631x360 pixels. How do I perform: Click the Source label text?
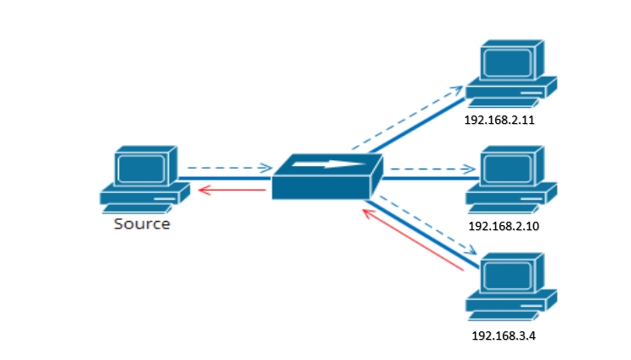pos(142,223)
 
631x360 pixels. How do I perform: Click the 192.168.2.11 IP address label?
pos(499,120)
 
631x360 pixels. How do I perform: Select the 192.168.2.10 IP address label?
pos(504,226)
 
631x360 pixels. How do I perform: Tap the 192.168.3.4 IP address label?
pos(504,336)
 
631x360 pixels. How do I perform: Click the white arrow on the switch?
pos(329,164)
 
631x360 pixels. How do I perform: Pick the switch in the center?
pos(327,176)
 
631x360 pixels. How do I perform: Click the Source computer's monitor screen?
pos(142,168)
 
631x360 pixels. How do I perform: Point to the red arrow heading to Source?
pos(232,190)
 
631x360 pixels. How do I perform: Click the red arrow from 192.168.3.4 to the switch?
pos(413,239)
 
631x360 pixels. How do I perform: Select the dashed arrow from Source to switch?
pos(229,168)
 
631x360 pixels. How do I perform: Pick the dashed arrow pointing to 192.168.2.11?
pos(407,117)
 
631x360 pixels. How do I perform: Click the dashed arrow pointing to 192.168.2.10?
pos(433,169)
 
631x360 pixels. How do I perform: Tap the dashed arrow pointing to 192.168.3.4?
pos(428,225)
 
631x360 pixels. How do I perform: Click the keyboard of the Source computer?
pos(137,209)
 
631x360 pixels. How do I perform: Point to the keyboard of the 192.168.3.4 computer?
pos(503,316)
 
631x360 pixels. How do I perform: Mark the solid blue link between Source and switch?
pos(225,178)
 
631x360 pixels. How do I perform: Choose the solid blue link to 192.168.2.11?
pos(418,126)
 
